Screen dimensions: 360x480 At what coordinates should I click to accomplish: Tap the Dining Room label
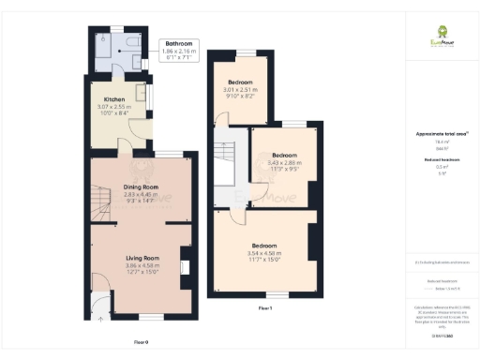(x=142, y=187)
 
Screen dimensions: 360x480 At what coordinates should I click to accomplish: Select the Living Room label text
(x=143, y=257)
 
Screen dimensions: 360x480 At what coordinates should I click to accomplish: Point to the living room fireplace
(x=185, y=268)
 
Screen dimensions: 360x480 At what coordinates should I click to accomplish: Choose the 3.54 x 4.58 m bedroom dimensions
(x=265, y=253)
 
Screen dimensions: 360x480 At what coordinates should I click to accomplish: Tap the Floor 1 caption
(x=264, y=308)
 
